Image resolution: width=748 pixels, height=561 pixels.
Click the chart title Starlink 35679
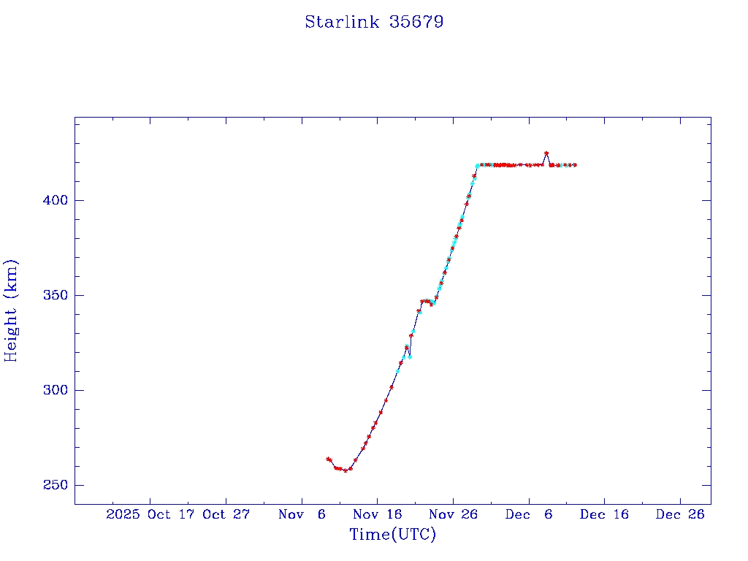[x=374, y=22]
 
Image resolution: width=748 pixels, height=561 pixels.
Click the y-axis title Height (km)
[x=11, y=310]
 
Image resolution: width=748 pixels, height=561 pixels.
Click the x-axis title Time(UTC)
[x=392, y=535]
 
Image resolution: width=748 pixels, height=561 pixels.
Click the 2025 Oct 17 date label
[x=150, y=514]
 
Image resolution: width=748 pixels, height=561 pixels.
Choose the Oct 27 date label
[x=226, y=514]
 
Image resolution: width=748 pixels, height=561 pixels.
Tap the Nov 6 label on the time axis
[x=302, y=514]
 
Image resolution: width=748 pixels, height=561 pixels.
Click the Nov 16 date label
[x=377, y=514]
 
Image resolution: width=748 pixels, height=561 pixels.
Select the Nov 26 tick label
[x=453, y=514]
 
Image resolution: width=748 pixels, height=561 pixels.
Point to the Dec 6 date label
[x=529, y=514]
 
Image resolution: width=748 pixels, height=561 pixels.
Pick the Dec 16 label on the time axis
[x=604, y=514]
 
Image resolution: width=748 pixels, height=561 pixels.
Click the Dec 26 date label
[x=680, y=514]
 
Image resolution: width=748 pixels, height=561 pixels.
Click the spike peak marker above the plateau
[x=546, y=153]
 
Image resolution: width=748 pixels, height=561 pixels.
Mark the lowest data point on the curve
[x=346, y=470]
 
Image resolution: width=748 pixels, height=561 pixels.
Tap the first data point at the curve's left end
[x=328, y=459]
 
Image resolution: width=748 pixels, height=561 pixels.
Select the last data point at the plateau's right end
[x=575, y=165]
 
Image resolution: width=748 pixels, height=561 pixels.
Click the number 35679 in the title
[x=417, y=22]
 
